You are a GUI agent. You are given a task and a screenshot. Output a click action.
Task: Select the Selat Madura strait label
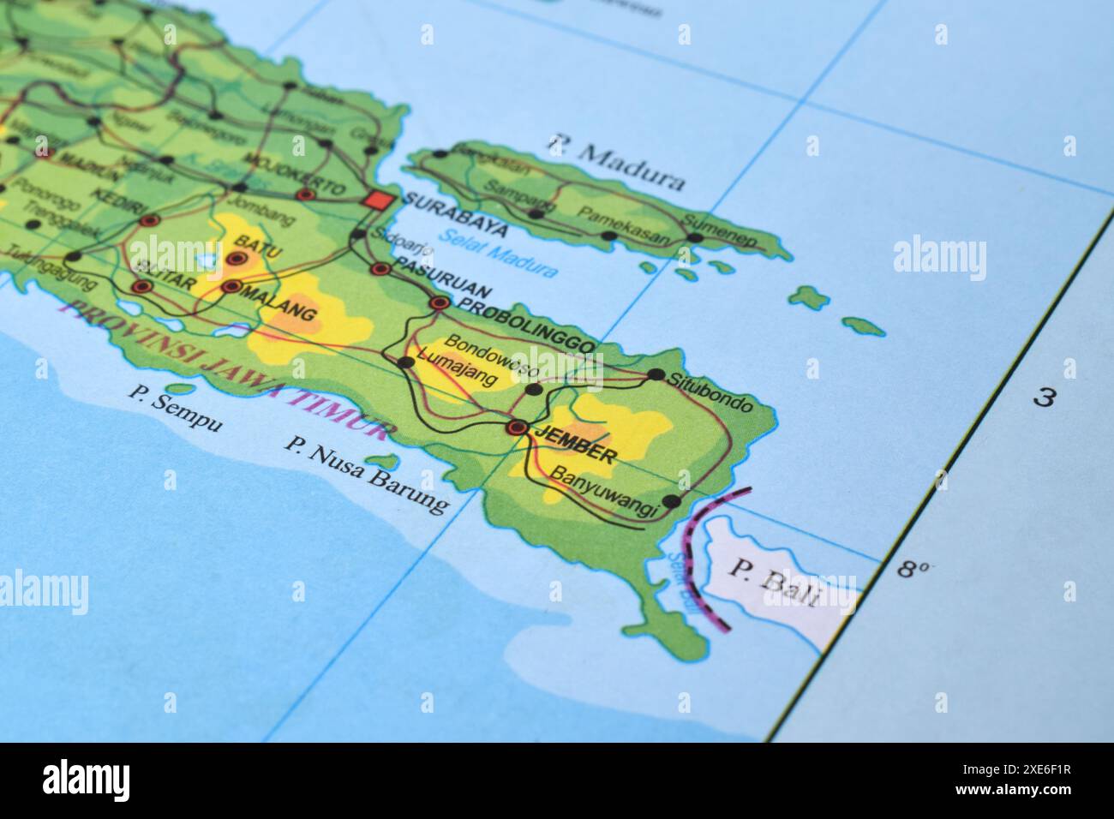click(x=497, y=253)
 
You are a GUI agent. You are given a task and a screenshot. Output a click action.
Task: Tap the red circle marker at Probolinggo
click(x=440, y=302)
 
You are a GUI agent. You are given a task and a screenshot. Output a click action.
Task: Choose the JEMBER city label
click(x=573, y=444)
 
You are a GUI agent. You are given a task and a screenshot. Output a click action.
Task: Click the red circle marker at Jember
click(x=517, y=427)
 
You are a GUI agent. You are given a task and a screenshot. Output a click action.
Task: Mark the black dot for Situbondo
click(x=656, y=374)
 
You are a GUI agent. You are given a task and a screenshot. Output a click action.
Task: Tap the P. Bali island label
click(x=774, y=582)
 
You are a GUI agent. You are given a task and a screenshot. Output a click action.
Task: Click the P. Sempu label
click(x=175, y=408)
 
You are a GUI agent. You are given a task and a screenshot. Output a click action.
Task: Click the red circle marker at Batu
click(x=234, y=258)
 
